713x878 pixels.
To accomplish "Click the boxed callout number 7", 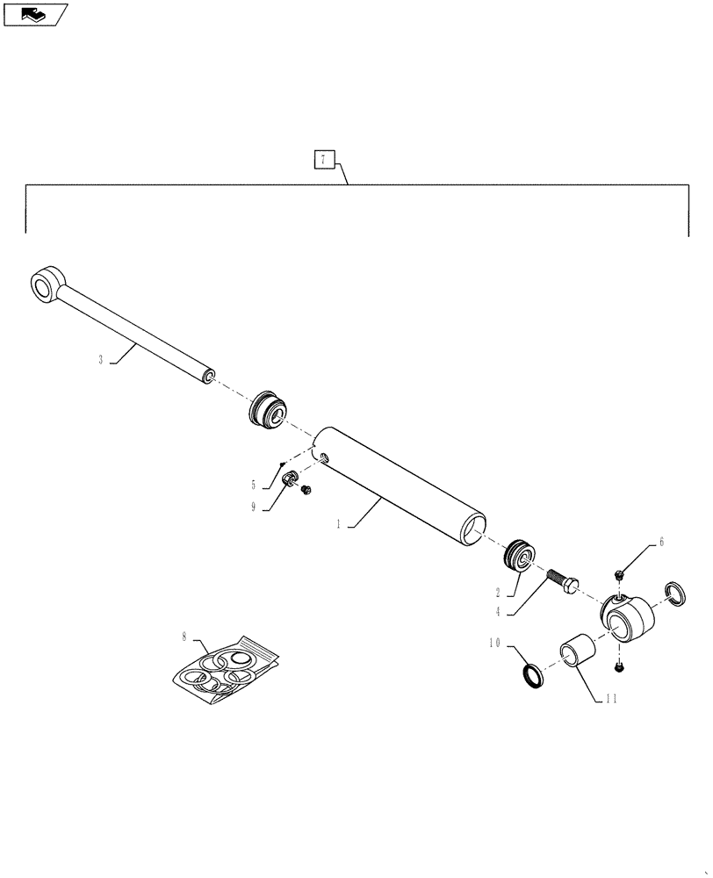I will coord(323,160).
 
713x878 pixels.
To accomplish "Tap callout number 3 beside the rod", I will coord(101,360).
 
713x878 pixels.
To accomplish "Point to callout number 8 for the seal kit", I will coord(184,634).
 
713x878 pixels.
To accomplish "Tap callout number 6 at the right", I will coord(660,542).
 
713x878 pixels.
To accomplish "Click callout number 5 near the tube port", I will coord(254,484).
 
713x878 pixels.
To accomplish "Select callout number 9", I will coord(254,507).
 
